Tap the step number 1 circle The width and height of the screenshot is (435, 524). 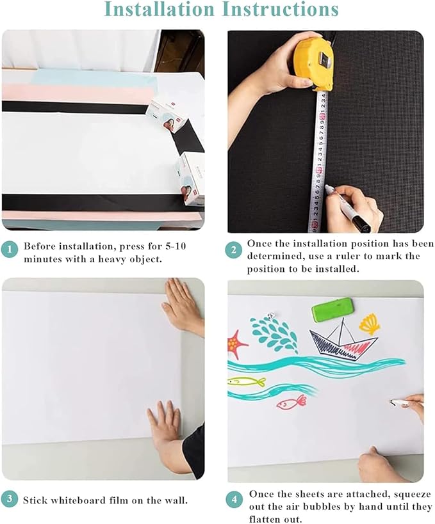[x=9, y=250]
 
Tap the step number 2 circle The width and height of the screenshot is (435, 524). [x=234, y=250]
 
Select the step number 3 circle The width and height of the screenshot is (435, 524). [x=9, y=500]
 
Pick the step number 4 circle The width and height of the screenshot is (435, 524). [x=234, y=498]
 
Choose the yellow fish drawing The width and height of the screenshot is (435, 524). [x=247, y=381]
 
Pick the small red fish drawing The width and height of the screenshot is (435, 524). [x=292, y=402]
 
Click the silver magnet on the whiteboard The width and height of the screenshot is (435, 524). [x=271, y=315]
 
